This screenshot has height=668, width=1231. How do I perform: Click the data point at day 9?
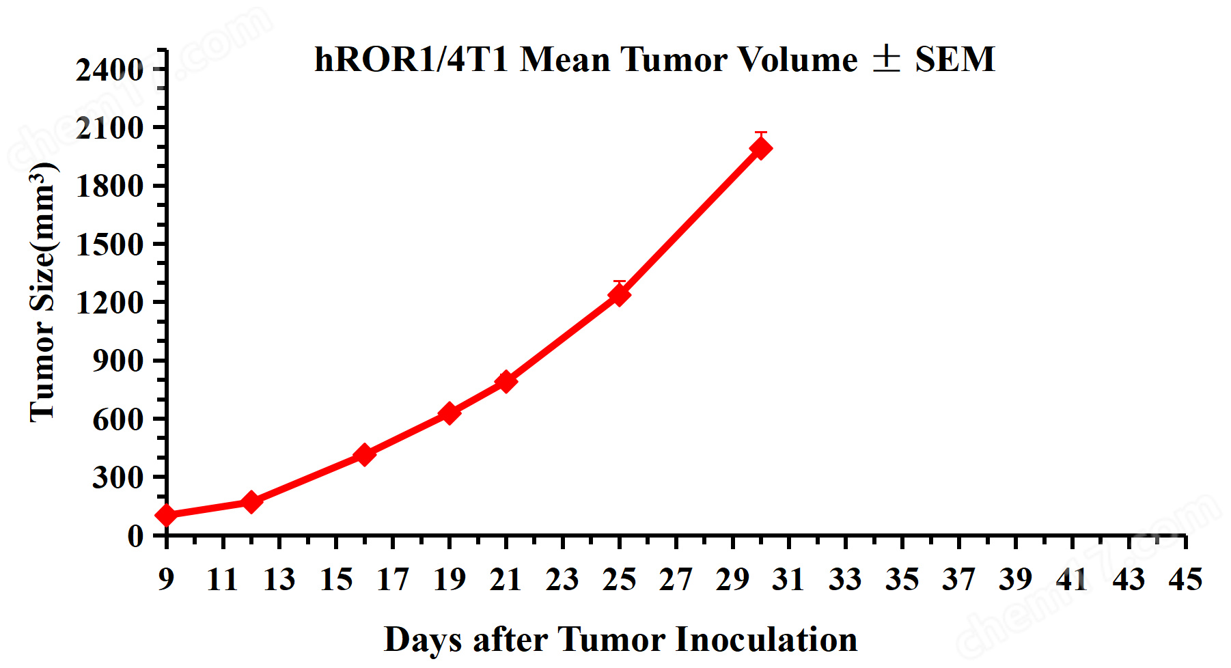[x=166, y=515]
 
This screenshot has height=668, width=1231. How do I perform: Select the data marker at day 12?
[x=251, y=502]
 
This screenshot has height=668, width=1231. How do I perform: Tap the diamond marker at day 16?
[x=365, y=454]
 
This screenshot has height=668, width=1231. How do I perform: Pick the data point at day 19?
[x=449, y=413]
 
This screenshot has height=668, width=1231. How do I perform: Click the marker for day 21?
[x=506, y=381]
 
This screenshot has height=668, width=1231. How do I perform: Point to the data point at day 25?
[x=620, y=294]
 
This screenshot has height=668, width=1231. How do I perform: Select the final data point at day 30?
[x=761, y=148]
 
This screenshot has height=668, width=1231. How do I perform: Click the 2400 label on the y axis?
[x=109, y=70]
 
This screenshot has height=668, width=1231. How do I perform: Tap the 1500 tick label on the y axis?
[x=109, y=245]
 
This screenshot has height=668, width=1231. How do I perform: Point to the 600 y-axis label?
[x=118, y=419]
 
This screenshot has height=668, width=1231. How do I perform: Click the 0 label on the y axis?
[x=135, y=536]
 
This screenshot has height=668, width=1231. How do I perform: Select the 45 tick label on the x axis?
[x=1185, y=580]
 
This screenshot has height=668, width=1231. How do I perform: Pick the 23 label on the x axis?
[x=562, y=580]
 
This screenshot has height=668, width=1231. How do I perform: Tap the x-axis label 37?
[x=958, y=580]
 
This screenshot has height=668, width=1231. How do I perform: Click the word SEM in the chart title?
[x=955, y=59]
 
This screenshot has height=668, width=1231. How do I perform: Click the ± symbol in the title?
[x=886, y=59]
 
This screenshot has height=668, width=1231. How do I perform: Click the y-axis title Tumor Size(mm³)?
[x=42, y=292]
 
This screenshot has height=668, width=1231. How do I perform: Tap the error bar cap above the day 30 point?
[x=761, y=133]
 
